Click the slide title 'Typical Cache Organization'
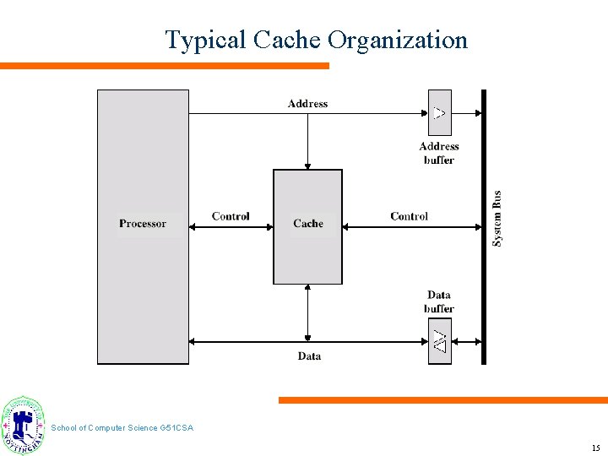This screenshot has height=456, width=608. click(x=316, y=40)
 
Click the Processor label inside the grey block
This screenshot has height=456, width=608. click(x=143, y=224)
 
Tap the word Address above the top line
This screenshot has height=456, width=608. click(x=307, y=104)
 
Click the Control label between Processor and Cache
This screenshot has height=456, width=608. click(x=231, y=216)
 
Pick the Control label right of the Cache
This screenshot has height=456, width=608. click(x=409, y=216)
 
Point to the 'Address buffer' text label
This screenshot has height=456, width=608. click(x=439, y=153)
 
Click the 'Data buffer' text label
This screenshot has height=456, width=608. click(x=439, y=301)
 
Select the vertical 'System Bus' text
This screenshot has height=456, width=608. click(x=497, y=219)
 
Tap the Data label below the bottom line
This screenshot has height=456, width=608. click(x=309, y=356)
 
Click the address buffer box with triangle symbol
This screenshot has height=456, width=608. click(x=439, y=112)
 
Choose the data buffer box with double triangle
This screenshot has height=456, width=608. click(x=439, y=341)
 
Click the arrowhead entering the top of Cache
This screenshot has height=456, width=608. click(x=307, y=166)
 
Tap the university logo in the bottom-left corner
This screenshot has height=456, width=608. click(x=24, y=426)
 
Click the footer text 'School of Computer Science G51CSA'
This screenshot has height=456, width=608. click(x=122, y=428)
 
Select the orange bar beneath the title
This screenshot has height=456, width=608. click(x=164, y=66)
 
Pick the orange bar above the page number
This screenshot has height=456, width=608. click(x=442, y=400)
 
